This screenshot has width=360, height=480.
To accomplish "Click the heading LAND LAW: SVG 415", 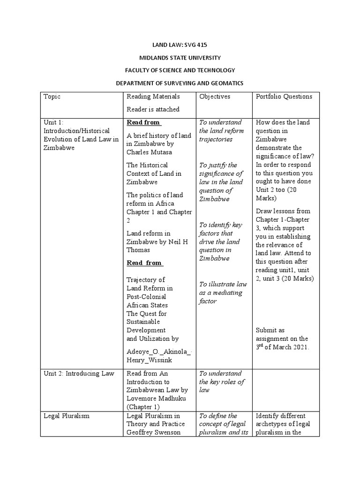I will [x=180, y=45].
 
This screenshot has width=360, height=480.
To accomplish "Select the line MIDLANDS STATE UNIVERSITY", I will [x=180, y=58].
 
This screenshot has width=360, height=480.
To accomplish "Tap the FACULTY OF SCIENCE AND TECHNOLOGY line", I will [x=180, y=70].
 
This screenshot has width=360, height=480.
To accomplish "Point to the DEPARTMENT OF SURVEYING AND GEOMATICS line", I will [x=180, y=83].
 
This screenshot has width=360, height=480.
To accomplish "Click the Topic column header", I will [x=52, y=97].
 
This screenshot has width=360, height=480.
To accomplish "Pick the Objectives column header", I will [x=215, y=97].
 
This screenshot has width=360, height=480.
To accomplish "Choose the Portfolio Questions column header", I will [x=284, y=97].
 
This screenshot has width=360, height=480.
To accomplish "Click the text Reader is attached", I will [x=153, y=109].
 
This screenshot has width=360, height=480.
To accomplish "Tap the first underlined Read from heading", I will [x=143, y=122].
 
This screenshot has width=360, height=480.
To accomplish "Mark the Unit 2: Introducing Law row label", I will [x=78, y=374].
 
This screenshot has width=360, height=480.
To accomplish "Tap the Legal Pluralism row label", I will [x=66, y=416].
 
